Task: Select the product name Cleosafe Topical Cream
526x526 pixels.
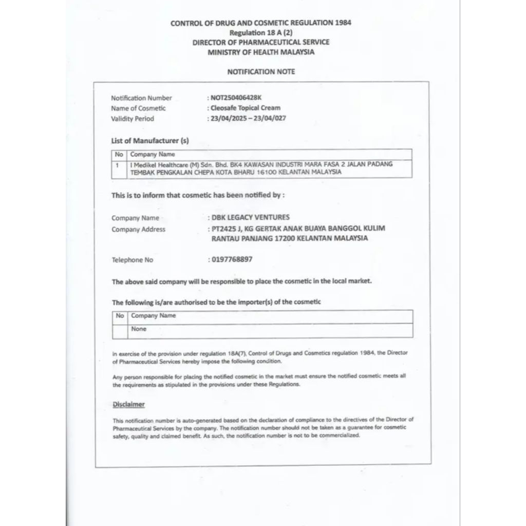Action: pos(245,108)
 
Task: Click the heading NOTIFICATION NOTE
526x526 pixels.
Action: pos(261,72)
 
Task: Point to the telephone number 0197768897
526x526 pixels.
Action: pos(232,259)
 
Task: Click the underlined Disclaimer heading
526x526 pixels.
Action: pos(128,404)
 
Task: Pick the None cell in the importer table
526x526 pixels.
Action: pos(139,329)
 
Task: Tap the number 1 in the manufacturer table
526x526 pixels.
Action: pos(118,165)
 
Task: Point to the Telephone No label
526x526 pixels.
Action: pos(133,260)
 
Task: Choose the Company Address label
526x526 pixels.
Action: pos(139,230)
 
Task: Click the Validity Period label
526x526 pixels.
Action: pos(133,119)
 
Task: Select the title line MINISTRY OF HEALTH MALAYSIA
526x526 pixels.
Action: pos(261,52)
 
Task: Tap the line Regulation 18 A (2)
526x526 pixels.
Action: pos(261,32)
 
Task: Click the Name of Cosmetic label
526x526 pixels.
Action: pos(138,108)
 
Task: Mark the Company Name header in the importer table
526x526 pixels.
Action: pos(153,315)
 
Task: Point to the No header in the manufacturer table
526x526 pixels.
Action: pos(119,154)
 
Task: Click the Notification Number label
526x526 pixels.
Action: pos(141,98)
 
